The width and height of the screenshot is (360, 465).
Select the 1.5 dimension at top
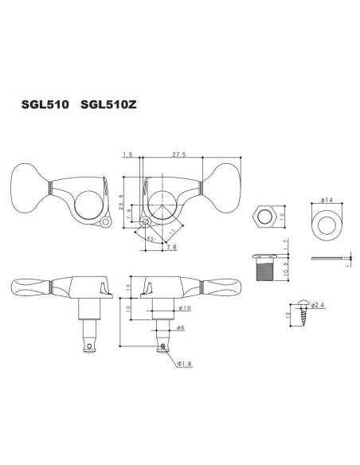pyautogui.click(x=127, y=155)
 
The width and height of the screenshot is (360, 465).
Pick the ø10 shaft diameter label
pyautogui.click(x=184, y=307)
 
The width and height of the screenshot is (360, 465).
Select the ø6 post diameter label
pyautogui.click(x=181, y=328)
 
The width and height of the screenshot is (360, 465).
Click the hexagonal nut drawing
pyautogui.click(x=263, y=216)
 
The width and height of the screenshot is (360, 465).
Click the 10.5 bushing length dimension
pyautogui.click(x=286, y=272)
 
